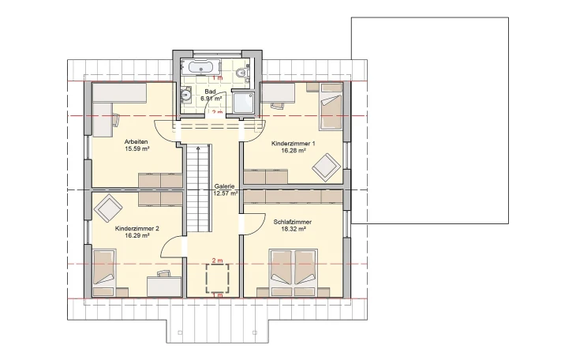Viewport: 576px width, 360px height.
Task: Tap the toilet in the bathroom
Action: pos(245,74)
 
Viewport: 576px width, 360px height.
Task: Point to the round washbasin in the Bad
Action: pos(186,96)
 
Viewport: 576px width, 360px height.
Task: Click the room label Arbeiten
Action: pos(137,141)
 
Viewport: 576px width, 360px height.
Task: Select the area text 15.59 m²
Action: pos(137,148)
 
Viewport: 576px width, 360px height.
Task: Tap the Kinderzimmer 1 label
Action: pos(293,144)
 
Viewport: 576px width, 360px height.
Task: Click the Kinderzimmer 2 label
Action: pos(137,228)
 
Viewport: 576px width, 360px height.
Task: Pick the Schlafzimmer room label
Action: pos(293,222)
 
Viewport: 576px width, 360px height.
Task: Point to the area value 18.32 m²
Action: pos(293,230)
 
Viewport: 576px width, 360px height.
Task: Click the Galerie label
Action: pos(225,186)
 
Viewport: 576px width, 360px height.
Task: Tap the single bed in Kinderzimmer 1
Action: pos(331,111)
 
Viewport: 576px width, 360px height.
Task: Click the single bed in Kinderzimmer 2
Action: pos(105,269)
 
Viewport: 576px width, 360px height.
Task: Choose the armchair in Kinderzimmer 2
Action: pos(108,208)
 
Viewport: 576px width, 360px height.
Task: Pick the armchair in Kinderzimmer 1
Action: pos(325,167)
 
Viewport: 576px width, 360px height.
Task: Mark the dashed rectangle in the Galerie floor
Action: pos(218,278)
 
